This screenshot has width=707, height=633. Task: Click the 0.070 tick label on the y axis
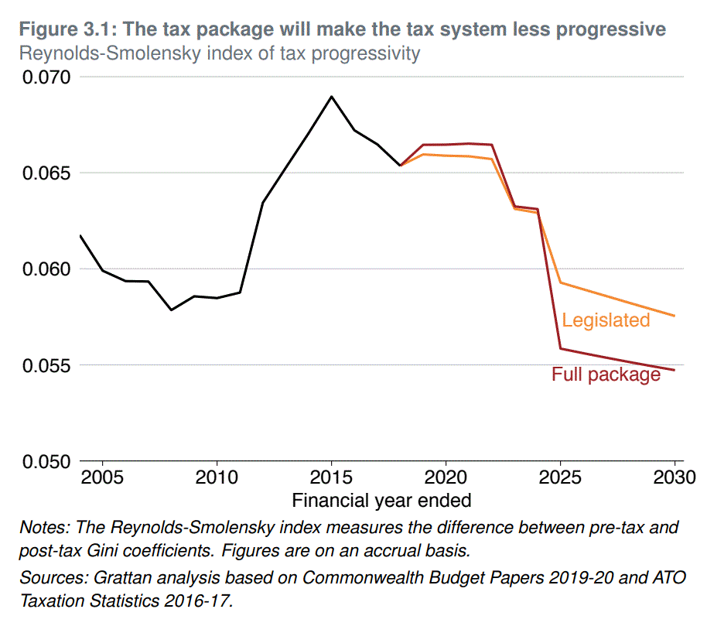(x=46, y=77)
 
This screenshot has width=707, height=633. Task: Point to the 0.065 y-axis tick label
(x=46, y=173)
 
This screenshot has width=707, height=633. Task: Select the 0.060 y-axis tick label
(x=46, y=269)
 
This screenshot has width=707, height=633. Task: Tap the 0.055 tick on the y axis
(x=46, y=365)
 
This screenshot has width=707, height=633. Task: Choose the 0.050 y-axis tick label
(x=46, y=461)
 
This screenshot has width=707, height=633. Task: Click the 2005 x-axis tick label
(x=102, y=474)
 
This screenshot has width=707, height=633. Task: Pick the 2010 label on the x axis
(x=217, y=474)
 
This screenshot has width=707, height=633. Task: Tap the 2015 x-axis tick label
(x=331, y=474)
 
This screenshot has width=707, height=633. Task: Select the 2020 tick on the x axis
(x=446, y=474)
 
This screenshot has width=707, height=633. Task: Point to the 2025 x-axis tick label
(x=560, y=474)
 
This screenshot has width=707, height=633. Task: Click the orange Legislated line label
(x=606, y=320)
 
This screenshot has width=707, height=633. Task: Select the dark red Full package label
(x=606, y=375)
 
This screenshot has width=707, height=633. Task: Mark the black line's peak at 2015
(x=331, y=97)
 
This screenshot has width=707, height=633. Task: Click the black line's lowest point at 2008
(x=171, y=310)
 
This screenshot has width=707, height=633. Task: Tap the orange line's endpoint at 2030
(x=675, y=316)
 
